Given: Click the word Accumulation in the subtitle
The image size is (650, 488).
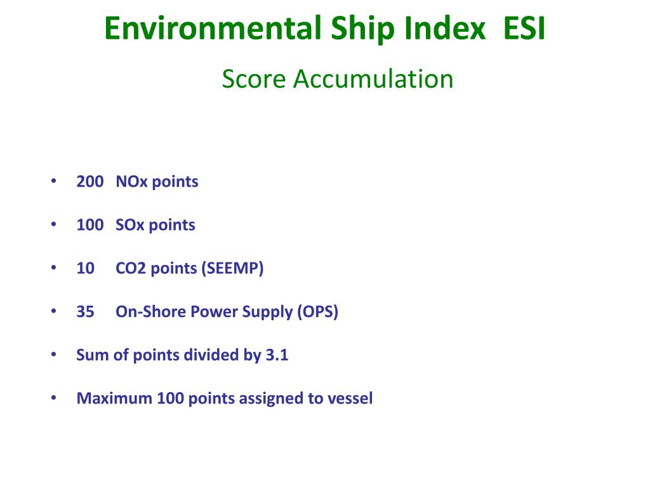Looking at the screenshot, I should point(373,79).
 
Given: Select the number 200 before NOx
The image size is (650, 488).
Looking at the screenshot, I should point(90,182).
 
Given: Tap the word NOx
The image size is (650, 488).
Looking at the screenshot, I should point(131,182).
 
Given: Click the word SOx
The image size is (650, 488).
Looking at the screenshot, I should point(131,225).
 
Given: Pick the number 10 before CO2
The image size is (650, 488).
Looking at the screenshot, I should point(85,268).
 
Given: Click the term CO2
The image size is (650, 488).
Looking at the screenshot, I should point(130,268).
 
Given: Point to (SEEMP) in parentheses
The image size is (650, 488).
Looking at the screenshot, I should point(232,268).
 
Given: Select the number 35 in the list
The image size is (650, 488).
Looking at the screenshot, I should point(85,312).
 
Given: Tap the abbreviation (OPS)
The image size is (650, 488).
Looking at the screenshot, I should point(317,312).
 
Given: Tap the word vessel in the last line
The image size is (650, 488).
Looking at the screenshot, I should point(350,398).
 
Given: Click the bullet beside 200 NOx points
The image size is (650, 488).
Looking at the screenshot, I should point(53,182).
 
